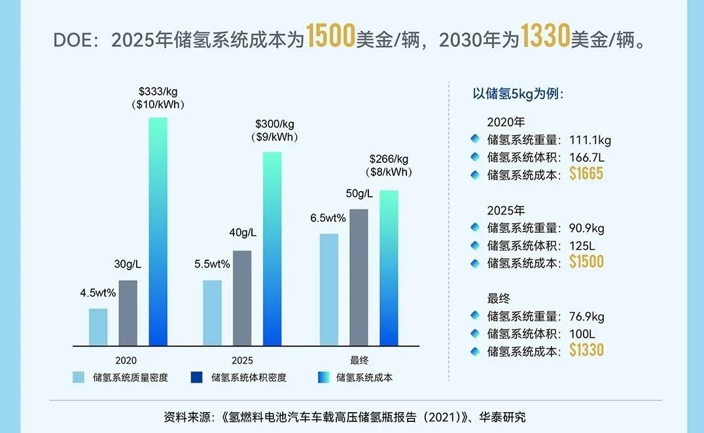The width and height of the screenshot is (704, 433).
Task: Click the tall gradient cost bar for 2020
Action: [158, 232]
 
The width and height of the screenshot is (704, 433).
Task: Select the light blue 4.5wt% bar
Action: [98, 327]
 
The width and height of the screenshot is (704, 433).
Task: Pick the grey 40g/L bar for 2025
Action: [242, 298]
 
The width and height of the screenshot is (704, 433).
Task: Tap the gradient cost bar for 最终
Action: [389, 268]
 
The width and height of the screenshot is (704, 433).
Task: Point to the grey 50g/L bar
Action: [359, 277]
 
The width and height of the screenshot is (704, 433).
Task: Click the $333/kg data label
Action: [158, 92]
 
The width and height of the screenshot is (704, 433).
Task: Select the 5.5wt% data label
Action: [212, 264]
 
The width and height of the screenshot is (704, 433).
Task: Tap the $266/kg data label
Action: [389, 158]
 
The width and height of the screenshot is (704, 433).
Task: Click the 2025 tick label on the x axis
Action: [242, 360]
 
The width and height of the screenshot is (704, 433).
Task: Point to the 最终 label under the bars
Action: [359, 360]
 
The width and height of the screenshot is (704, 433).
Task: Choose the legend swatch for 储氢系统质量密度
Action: [79, 377]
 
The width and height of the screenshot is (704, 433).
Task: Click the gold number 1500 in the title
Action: [330, 38]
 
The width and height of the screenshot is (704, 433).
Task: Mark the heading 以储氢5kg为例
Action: [518, 94]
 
